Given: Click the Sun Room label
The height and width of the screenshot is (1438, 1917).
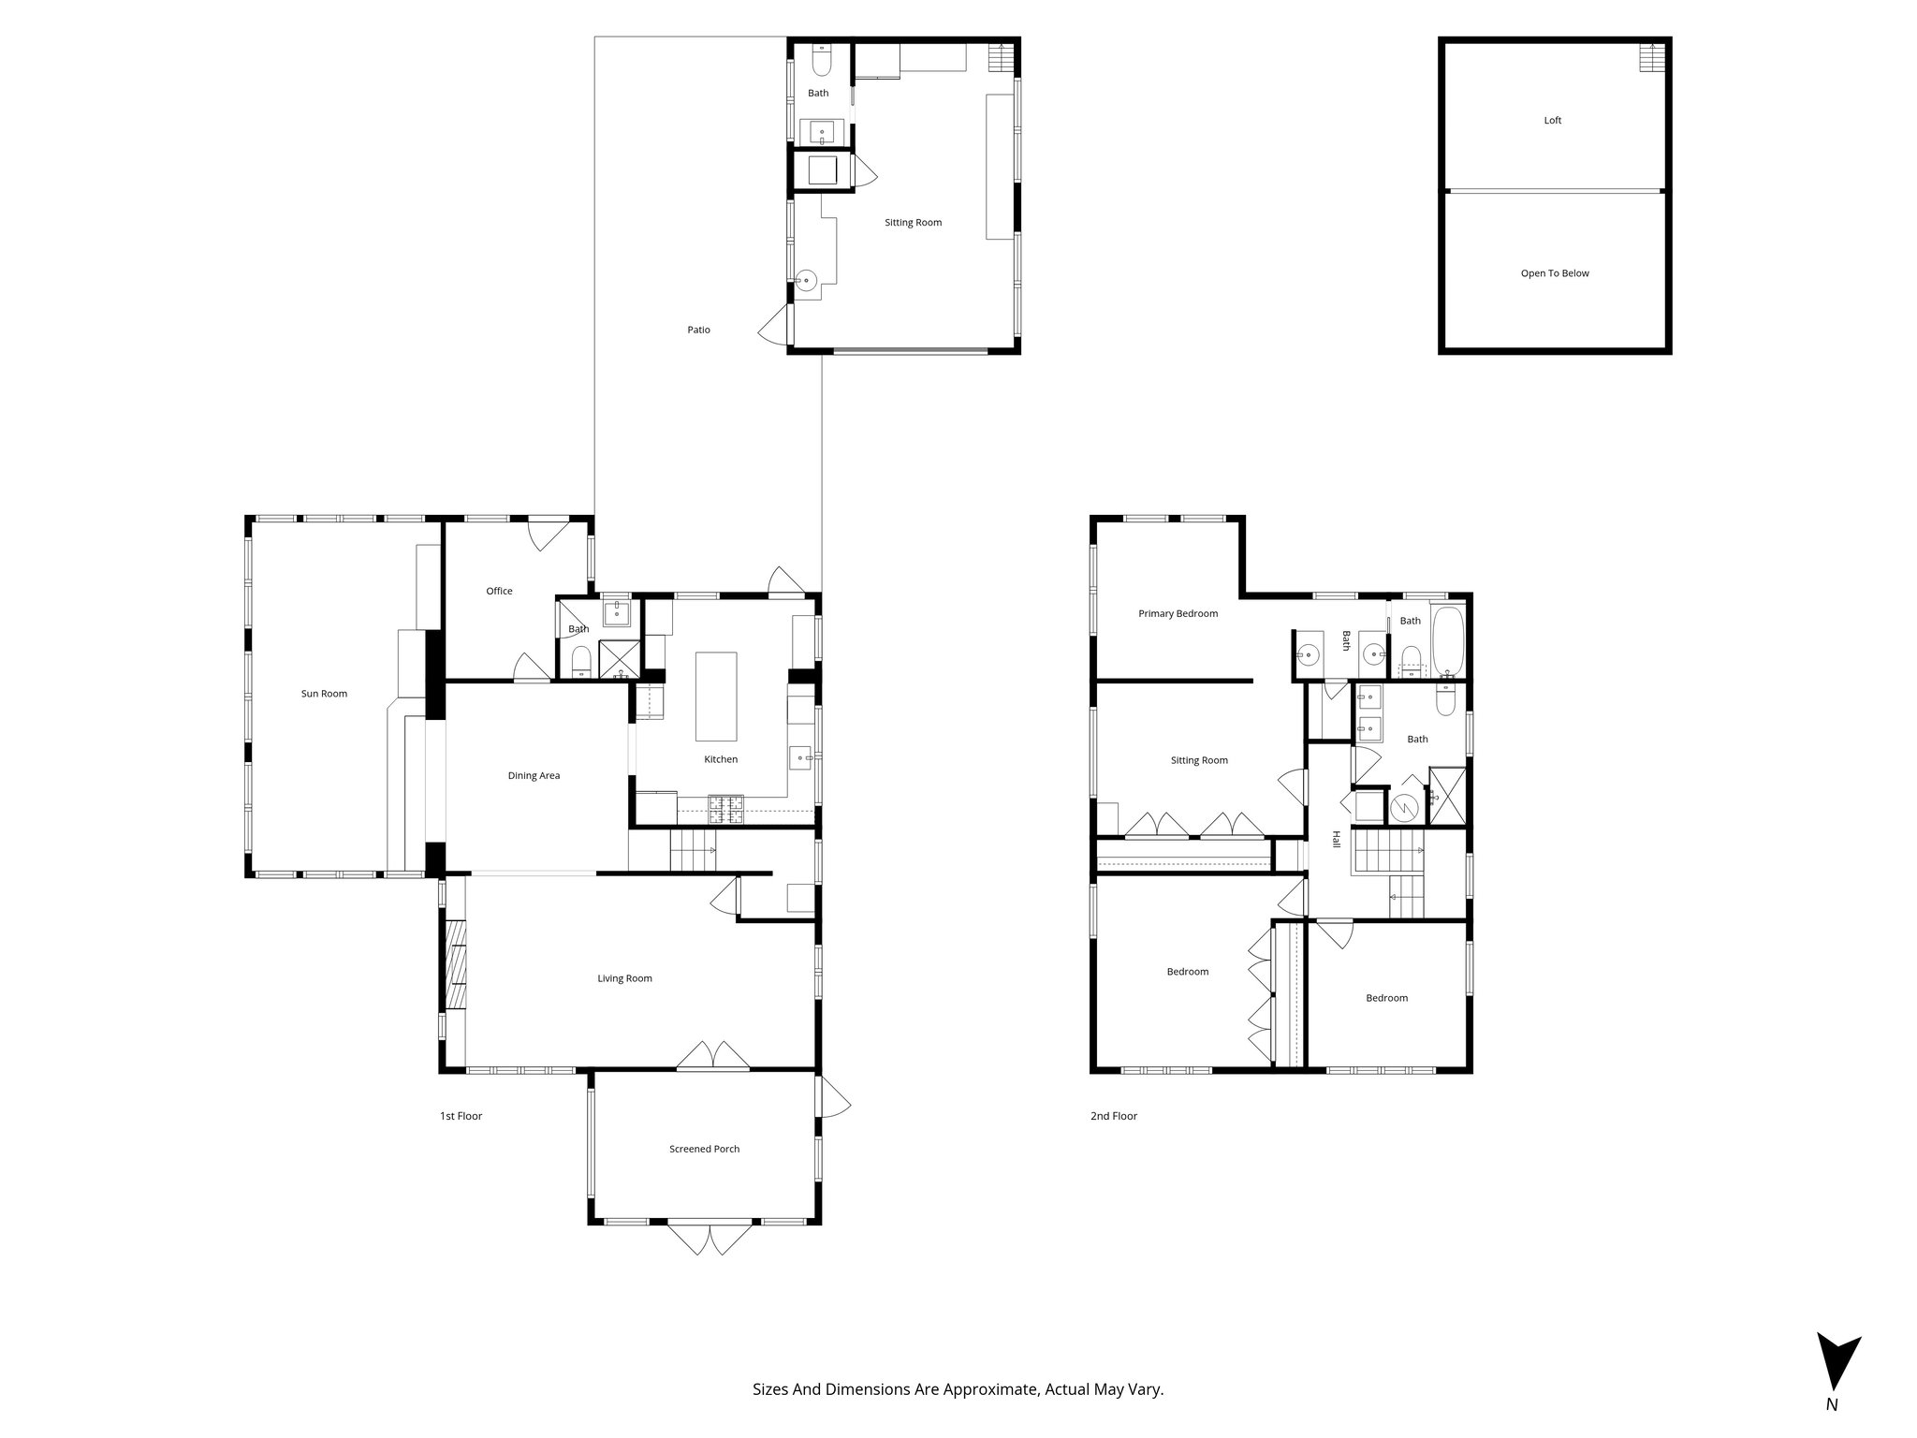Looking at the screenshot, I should pyautogui.click(x=324, y=694).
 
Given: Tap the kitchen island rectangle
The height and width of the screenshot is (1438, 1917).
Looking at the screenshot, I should pyautogui.click(x=715, y=697).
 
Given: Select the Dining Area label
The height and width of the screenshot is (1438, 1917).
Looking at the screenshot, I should pyautogui.click(x=534, y=775).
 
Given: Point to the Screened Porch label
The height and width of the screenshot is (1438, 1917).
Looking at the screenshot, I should pyautogui.click(x=704, y=1149).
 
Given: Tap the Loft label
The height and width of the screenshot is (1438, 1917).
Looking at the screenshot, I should pyautogui.click(x=1552, y=121).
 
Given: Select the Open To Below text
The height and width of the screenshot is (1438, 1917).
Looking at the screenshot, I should pyautogui.click(x=1554, y=273).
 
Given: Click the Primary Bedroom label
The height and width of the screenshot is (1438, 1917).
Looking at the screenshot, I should pyautogui.click(x=1178, y=614).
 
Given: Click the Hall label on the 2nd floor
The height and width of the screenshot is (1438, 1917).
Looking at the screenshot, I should pyautogui.click(x=1337, y=840).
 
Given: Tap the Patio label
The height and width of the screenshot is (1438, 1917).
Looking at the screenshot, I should pyautogui.click(x=698, y=330).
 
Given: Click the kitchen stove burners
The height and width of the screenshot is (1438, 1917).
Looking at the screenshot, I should pyautogui.click(x=725, y=809).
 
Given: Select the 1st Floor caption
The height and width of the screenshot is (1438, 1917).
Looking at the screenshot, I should pyautogui.click(x=461, y=1116).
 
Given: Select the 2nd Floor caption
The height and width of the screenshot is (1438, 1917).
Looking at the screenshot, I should pyautogui.click(x=1113, y=1116).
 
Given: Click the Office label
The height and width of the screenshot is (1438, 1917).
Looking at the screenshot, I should pyautogui.click(x=499, y=591).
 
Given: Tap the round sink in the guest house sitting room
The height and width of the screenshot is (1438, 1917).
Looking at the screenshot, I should pyautogui.click(x=806, y=279).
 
